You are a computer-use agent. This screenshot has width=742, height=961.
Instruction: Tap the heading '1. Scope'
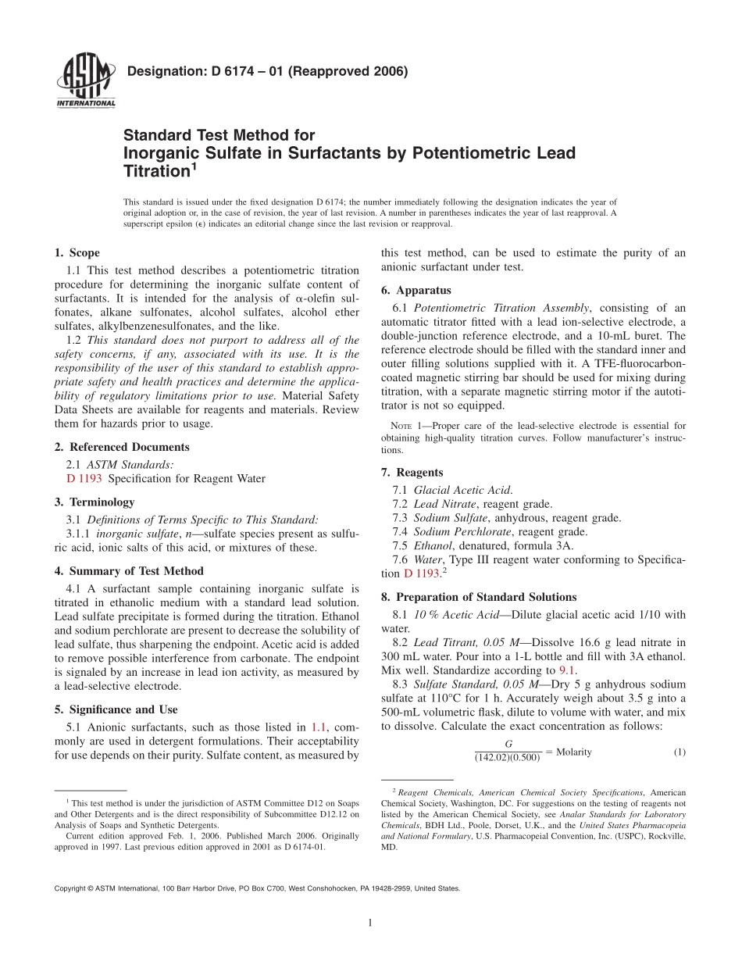77,252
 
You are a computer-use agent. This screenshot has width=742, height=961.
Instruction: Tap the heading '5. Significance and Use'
116,709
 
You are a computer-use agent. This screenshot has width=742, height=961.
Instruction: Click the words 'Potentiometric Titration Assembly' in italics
502,308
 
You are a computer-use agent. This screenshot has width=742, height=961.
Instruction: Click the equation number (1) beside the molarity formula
679,752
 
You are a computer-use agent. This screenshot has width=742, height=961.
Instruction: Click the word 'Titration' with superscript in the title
157,170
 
